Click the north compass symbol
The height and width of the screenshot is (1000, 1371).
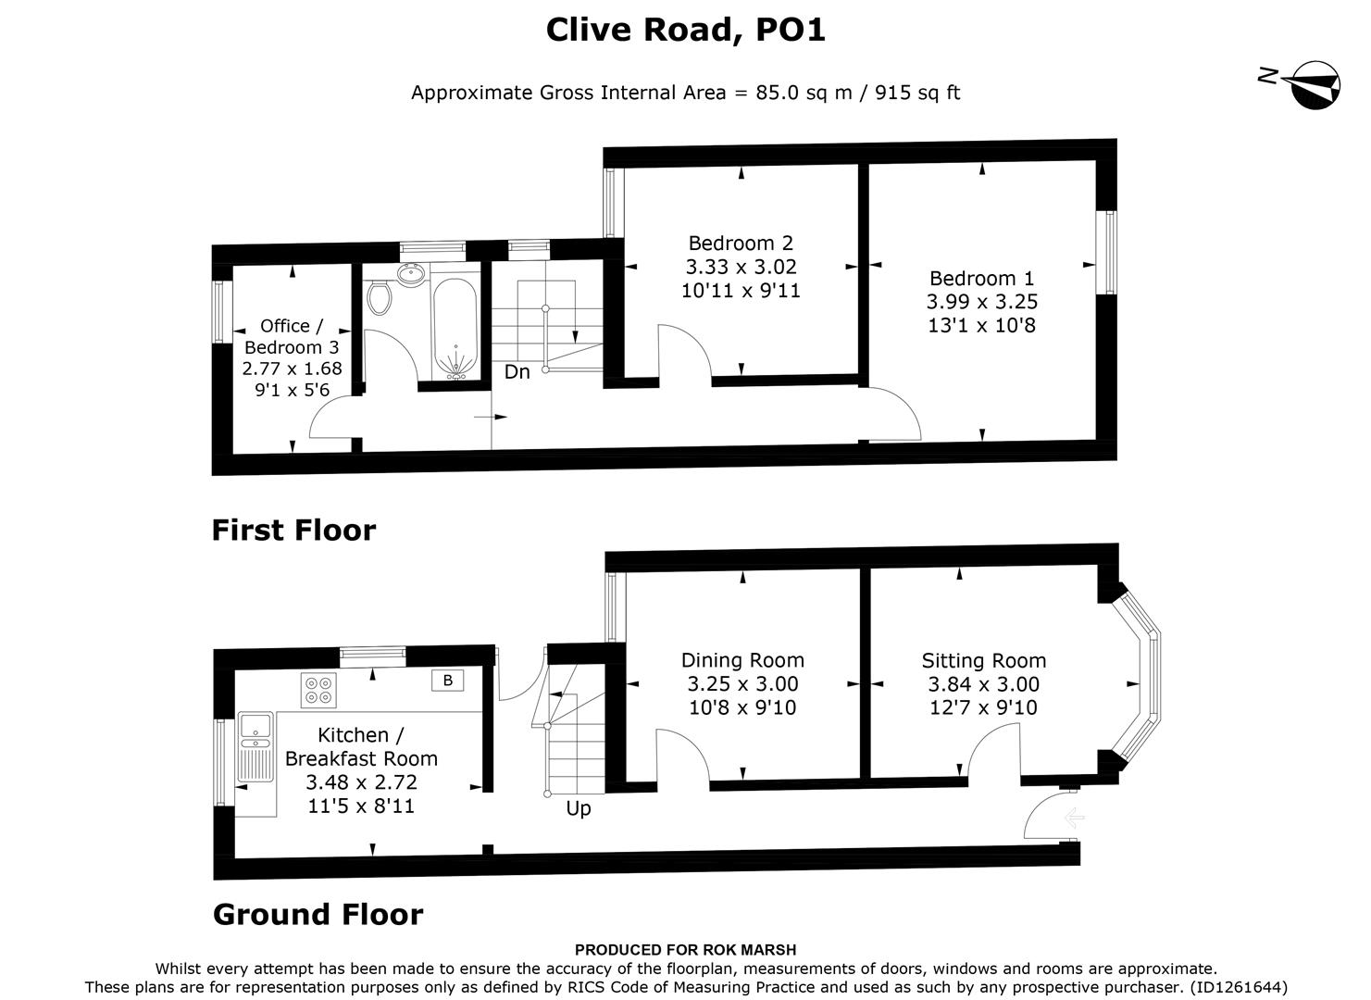click(x=1314, y=84)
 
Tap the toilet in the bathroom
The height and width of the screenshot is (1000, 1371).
click(x=379, y=297)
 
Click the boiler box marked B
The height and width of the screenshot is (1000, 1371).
click(x=448, y=681)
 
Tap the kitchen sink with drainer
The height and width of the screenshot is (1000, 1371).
click(x=254, y=746)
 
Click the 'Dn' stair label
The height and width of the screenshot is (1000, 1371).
click(x=517, y=372)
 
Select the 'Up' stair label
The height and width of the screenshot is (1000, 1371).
click(x=578, y=808)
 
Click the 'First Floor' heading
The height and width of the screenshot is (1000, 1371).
click(x=293, y=530)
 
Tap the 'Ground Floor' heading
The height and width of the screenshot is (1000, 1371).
click(x=318, y=914)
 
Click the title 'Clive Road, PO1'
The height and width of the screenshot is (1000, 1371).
click(x=685, y=30)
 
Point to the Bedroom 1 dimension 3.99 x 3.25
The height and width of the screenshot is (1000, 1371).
click(x=981, y=302)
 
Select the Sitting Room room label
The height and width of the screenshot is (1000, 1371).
click(x=983, y=660)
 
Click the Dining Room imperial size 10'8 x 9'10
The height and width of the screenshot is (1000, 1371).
click(x=742, y=707)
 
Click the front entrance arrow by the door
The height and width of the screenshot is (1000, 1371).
click(x=1074, y=818)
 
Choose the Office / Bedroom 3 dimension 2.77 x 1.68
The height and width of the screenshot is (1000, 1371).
click(x=292, y=369)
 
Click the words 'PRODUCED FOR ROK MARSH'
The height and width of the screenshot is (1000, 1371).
click(x=685, y=949)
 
